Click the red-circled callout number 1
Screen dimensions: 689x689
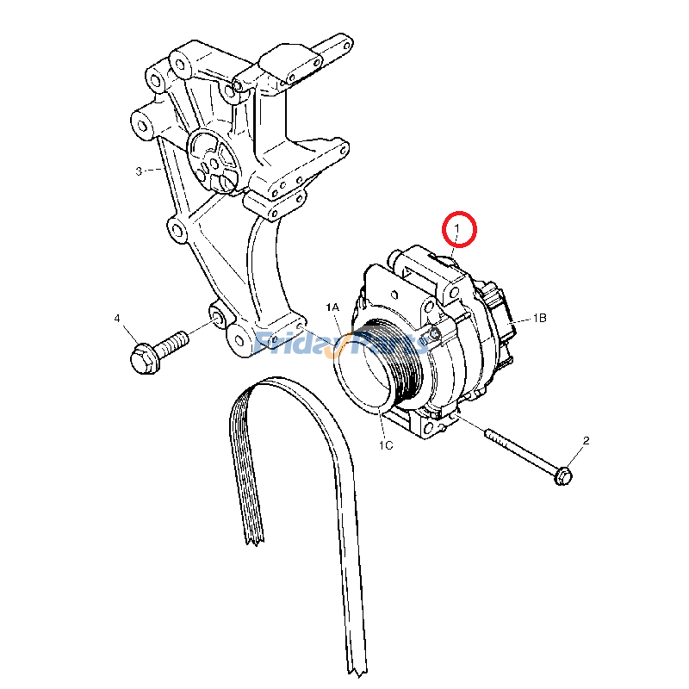coord(459,228)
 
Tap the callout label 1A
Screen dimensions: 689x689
coord(332,307)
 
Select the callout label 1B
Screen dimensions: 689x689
coord(540,318)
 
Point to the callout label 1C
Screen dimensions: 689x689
coord(385,445)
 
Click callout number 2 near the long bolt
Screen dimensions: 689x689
coord(587,441)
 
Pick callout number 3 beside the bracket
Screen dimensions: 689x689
coord(139,171)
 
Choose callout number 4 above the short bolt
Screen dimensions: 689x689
coord(117,319)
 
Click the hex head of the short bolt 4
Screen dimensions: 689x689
coord(144,358)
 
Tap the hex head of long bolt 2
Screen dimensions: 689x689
coord(564,475)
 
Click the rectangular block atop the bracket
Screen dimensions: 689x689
coord(284,60)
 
